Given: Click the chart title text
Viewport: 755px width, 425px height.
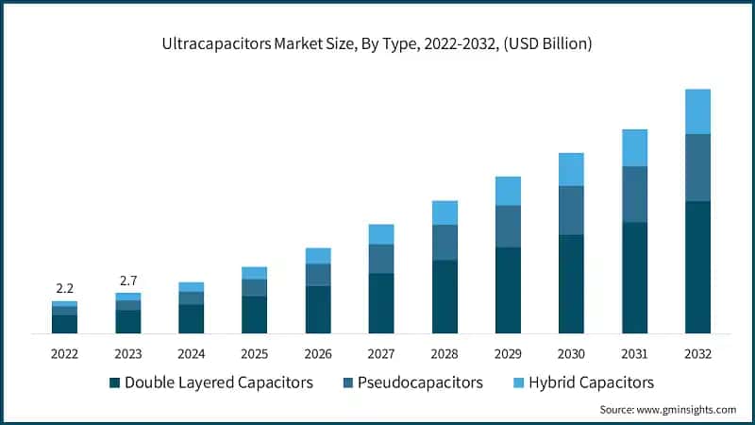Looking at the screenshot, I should [377, 43].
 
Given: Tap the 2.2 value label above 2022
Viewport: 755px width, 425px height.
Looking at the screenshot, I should [64, 287].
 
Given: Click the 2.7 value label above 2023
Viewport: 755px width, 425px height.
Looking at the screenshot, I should [127, 280].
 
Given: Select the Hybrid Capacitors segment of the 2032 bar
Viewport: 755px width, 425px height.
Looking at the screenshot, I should [696, 111].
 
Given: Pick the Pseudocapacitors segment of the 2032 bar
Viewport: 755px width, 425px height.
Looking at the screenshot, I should [696, 167].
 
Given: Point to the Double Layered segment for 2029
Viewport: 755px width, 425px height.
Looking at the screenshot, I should [507, 290].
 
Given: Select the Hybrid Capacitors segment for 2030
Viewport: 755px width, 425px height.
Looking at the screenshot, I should [570, 169].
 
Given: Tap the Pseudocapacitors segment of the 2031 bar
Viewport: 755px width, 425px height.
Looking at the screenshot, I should [633, 195].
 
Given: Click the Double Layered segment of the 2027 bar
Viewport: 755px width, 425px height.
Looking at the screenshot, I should [380, 303].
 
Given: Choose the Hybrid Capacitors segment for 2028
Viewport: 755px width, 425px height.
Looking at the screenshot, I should [444, 212].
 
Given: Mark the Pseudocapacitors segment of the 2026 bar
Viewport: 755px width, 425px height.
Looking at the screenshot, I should [317, 274].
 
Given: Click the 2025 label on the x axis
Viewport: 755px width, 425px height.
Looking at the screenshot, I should [254, 354].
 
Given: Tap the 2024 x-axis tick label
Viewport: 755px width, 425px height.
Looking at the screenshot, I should [191, 354].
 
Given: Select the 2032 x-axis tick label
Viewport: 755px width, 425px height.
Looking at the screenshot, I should [696, 354].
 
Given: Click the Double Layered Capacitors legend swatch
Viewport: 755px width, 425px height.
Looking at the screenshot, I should [115, 383].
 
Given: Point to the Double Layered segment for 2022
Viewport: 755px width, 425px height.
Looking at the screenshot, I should [64, 324].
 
